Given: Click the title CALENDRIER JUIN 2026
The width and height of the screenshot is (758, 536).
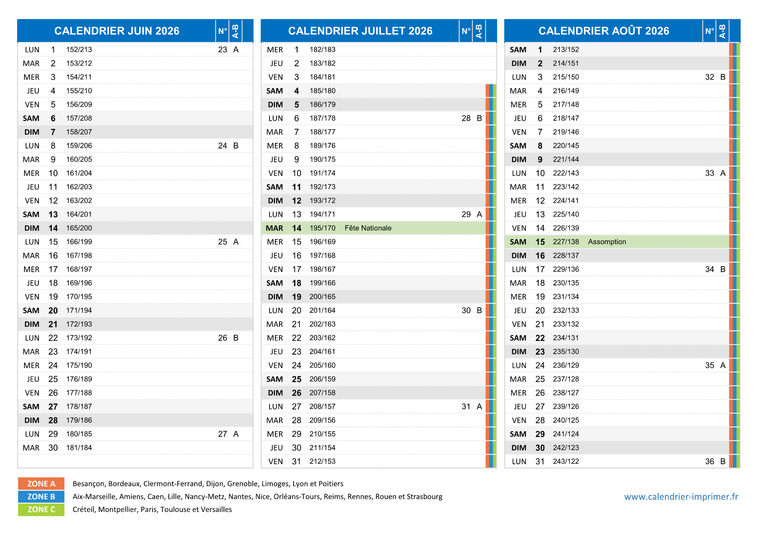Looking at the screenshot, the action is [117, 31].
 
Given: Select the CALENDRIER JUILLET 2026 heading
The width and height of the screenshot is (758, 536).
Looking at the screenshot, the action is [360, 31].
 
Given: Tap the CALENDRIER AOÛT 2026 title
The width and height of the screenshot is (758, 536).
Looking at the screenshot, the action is [604, 30].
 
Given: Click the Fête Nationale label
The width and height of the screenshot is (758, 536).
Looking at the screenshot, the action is [368, 228].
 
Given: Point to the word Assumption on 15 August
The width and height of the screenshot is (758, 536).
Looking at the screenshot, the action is [607, 242].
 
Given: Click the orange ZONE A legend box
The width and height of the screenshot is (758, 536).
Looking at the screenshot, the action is [41, 483].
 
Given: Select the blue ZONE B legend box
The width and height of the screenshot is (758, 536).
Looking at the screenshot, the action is [41, 496].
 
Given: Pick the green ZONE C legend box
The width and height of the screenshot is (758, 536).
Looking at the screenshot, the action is [41, 509].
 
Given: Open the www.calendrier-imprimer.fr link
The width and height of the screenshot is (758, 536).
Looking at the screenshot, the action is [681, 496].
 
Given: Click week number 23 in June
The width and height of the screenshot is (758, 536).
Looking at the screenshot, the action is [222, 50].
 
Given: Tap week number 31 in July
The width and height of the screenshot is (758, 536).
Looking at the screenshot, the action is [466, 406].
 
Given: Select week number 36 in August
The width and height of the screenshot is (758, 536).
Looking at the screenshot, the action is [710, 461].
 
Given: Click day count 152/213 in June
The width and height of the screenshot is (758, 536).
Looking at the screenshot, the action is [79, 50].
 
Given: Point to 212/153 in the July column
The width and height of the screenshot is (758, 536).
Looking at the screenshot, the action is [322, 461].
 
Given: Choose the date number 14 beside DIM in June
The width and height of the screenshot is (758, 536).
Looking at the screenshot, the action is [53, 228].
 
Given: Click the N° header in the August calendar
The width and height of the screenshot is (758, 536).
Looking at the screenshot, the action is [710, 31].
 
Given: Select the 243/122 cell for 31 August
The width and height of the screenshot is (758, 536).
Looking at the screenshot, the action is [566, 461].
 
